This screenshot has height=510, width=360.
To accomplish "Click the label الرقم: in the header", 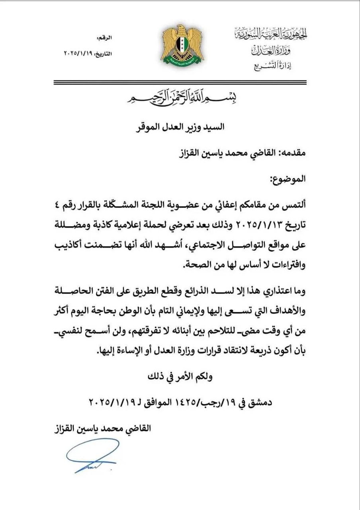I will (x=104, y=38).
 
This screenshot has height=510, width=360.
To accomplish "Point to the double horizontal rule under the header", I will (x=180, y=82).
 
